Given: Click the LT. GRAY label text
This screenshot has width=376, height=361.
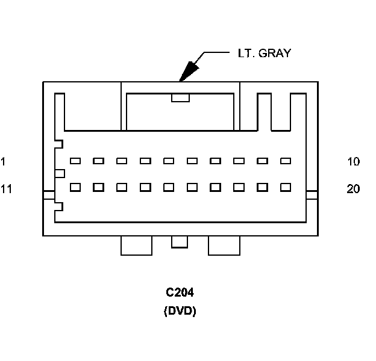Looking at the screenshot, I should tap(263, 54).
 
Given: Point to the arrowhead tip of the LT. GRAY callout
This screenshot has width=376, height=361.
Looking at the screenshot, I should tap(180, 81).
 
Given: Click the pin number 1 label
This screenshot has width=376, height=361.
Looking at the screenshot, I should tap(4, 161).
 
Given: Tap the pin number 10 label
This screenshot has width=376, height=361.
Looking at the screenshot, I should tap(354, 161).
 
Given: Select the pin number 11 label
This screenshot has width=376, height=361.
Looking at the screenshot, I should tap(7, 189).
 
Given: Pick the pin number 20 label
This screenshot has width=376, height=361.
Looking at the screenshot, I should tap(354, 189).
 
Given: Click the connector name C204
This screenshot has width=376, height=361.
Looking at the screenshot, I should tap(180, 293).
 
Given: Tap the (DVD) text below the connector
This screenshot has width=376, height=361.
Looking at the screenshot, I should tap(180, 312).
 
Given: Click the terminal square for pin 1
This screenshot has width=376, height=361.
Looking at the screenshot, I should tap(75, 161).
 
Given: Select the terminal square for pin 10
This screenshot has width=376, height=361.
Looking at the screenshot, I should tap(286, 161).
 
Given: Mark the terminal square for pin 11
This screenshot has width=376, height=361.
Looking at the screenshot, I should tap(75, 187).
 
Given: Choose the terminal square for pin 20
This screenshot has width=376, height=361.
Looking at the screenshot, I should tap(286, 187).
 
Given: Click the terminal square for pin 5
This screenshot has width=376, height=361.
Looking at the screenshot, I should tap(169, 161).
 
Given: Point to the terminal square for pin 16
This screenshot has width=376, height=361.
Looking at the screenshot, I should tap(192, 187).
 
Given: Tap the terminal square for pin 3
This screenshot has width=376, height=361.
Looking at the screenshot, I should tap(122, 161).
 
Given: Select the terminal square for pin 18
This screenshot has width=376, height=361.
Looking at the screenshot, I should tap(239, 187).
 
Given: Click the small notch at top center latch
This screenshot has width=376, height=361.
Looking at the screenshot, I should tap(180, 97).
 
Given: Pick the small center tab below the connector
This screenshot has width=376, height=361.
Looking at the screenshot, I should tap(180, 241).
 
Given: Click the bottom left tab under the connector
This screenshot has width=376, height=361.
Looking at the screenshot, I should tap(136, 245).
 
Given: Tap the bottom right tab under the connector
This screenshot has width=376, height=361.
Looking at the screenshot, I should tap(224, 245).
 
